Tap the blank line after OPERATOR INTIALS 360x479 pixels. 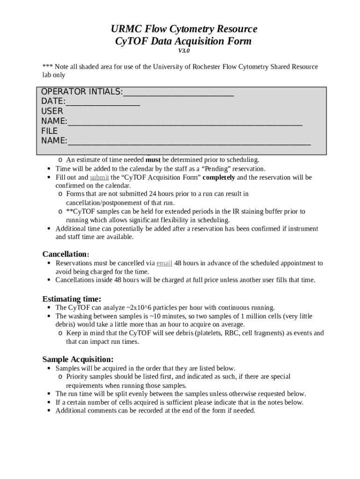click(178, 92)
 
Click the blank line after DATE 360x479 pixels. click(102, 102)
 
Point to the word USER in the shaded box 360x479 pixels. click(52, 111)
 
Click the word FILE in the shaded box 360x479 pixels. click(50, 131)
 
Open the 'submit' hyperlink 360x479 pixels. click(99, 178)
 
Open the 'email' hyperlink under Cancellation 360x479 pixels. click(164, 263)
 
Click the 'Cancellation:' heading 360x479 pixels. click(65, 254)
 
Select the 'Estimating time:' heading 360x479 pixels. click(72, 299)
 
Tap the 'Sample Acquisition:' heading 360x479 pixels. click(78, 359)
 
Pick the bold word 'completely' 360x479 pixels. click(218, 178)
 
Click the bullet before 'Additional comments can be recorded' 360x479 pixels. click(49, 411)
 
